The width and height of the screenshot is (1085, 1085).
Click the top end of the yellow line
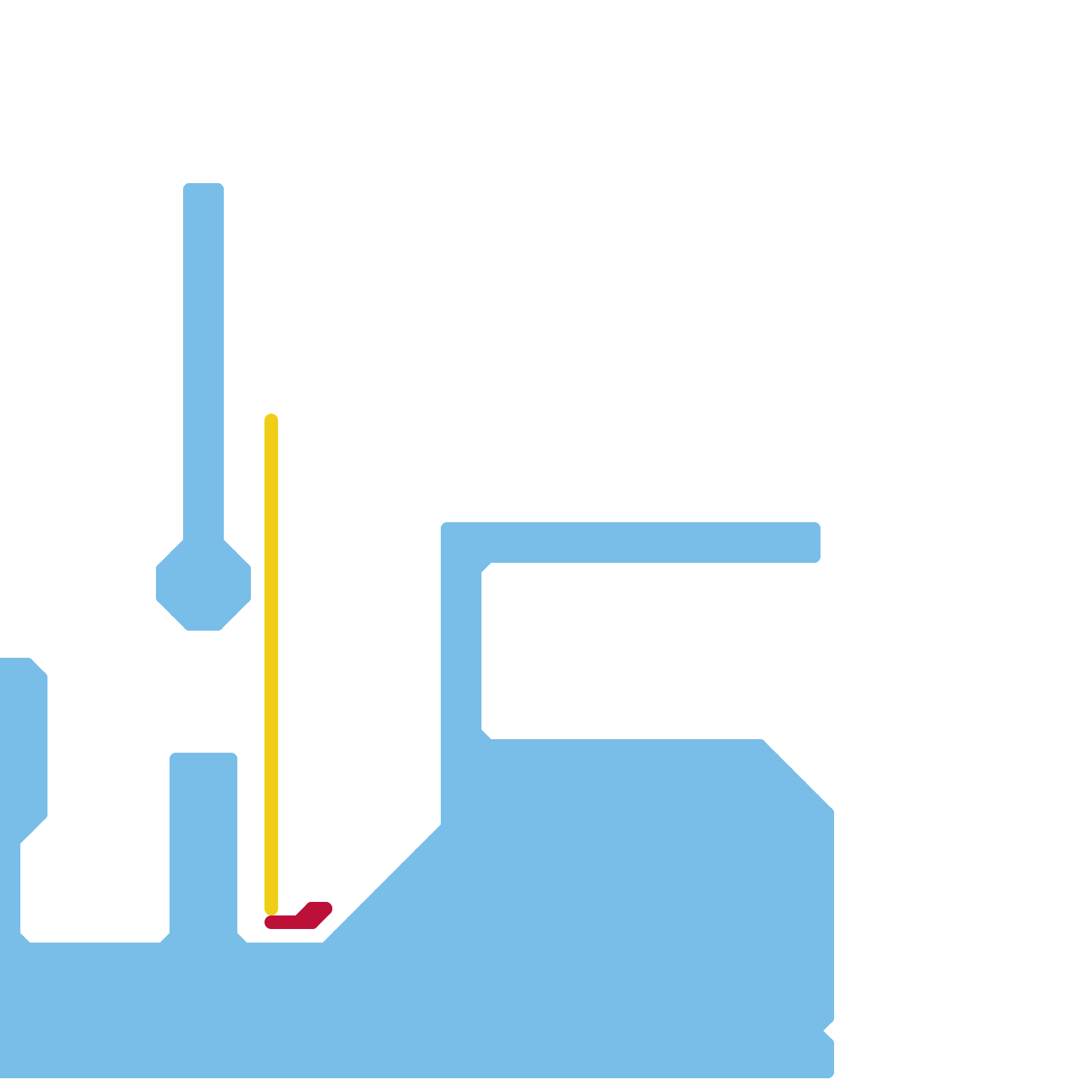(x=271, y=419)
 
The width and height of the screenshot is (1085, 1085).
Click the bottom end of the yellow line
(x=271, y=909)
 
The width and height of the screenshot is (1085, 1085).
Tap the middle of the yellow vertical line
(x=271, y=665)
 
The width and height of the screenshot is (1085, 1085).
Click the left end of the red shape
(x=270, y=922)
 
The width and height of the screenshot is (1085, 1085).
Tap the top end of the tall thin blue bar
(x=203, y=188)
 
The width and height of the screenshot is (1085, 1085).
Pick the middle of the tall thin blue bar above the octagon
(x=203, y=359)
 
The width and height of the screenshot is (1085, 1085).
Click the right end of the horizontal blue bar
(x=815, y=542)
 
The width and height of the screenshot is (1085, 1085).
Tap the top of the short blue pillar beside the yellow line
(x=203, y=758)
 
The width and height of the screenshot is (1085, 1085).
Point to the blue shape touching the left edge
(x=23, y=746)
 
